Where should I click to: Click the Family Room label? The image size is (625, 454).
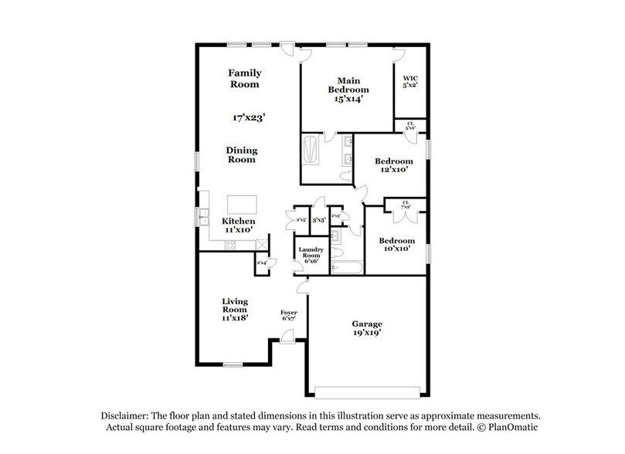click(x=243, y=78)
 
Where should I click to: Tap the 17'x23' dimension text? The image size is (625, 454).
click(x=249, y=118)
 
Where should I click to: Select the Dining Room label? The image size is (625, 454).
click(x=242, y=154)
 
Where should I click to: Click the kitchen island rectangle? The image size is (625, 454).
click(x=241, y=204)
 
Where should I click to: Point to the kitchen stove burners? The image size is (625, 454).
click(x=230, y=245)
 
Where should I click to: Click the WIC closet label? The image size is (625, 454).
click(x=409, y=81)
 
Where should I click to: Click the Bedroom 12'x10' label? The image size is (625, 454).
click(x=394, y=165)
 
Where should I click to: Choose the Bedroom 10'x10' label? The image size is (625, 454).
click(x=396, y=245)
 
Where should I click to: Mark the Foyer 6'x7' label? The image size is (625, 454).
click(x=288, y=315)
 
